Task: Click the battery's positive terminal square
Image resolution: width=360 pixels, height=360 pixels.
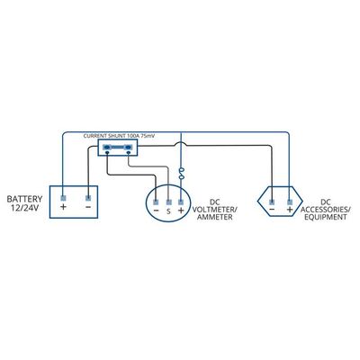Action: [63, 198]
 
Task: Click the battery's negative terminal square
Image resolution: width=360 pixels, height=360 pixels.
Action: [88, 198]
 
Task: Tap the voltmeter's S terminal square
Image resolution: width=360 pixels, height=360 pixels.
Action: [168, 202]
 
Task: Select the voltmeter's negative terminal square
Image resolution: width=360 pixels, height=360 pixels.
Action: [156, 202]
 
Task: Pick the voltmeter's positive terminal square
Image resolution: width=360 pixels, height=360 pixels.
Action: [181, 202]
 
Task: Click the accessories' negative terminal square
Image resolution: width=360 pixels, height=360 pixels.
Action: [272, 202]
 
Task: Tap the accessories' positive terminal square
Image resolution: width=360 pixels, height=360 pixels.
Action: [290, 202]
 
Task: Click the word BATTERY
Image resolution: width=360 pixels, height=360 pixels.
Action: [24, 199]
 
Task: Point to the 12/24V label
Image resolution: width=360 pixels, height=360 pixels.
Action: [24, 208]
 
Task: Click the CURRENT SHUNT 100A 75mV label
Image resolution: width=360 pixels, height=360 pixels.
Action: [119, 136]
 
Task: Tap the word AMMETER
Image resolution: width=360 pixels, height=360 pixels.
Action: [214, 217]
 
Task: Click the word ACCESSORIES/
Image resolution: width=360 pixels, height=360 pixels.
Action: [326, 210]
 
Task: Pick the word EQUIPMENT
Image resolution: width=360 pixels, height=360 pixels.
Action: [326, 217]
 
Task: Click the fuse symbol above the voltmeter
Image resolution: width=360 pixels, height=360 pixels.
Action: [181, 175]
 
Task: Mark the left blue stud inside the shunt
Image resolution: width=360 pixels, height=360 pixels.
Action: [107, 147]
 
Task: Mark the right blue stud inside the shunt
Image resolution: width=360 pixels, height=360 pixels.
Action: [129, 147]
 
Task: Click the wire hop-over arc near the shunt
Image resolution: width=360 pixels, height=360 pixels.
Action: [181, 143]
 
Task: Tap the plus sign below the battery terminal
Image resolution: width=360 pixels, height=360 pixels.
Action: [63, 207]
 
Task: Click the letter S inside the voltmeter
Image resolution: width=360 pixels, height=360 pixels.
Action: [168, 211]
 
